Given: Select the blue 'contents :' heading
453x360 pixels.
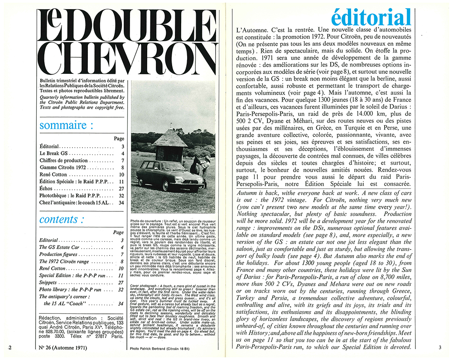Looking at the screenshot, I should (x=62, y=220).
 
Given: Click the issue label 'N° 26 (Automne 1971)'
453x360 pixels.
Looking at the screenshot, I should (x=67, y=349).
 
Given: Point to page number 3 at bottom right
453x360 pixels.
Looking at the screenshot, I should (x=439, y=348).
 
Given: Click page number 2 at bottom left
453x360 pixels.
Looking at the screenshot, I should (x=10, y=348).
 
